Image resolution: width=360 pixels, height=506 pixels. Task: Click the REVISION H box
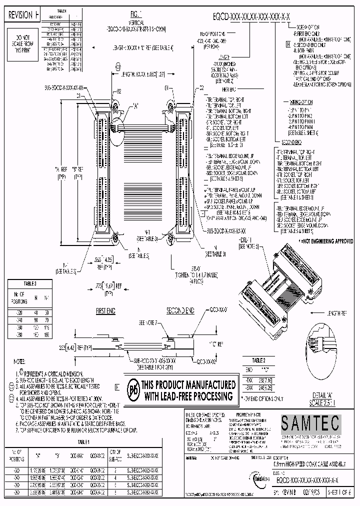point(23,15)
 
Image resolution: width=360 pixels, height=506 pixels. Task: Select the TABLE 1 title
point(83,441)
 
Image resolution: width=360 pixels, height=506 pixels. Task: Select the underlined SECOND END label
point(180,311)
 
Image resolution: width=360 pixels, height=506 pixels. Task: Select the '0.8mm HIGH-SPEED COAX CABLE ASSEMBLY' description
point(305,465)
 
